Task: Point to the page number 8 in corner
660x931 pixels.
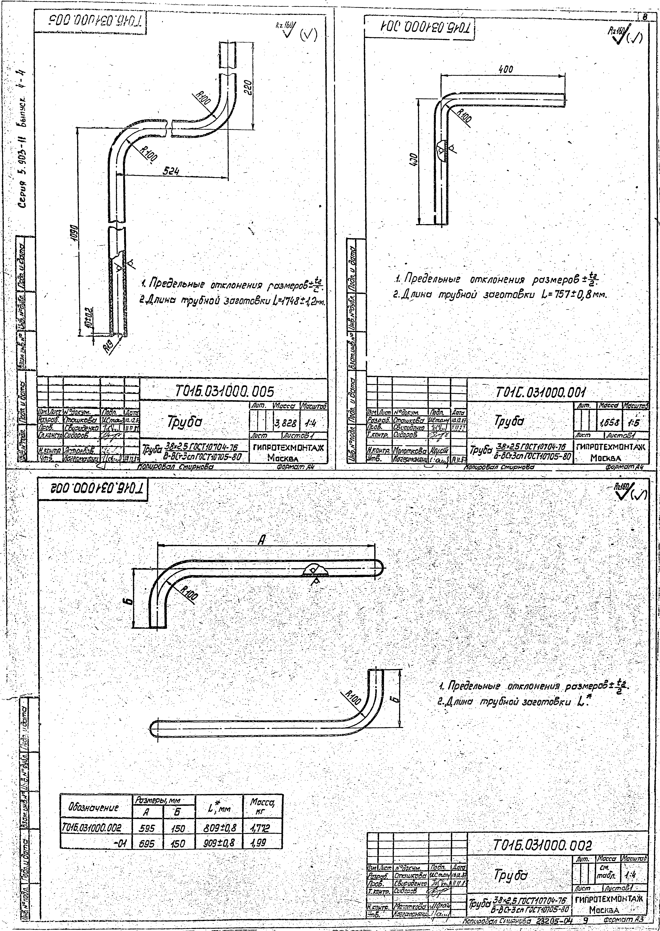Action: click(x=645, y=17)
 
